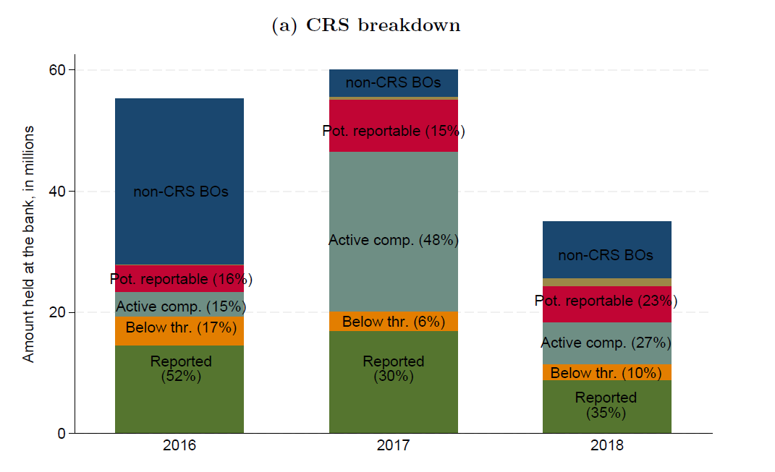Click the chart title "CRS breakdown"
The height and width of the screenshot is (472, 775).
pyautogui.click(x=383, y=25)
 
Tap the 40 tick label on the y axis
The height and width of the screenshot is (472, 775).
pyautogui.click(x=57, y=192)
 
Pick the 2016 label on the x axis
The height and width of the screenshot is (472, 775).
pyautogui.click(x=179, y=445)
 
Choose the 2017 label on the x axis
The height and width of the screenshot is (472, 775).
pyautogui.click(x=394, y=445)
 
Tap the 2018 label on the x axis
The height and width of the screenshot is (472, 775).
pyautogui.click(x=607, y=445)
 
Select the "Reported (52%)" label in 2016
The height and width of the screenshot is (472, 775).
pyautogui.click(x=181, y=369)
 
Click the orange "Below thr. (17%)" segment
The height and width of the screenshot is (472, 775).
pyautogui.click(x=179, y=331)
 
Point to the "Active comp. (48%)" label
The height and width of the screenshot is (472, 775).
pyautogui.click(x=394, y=240)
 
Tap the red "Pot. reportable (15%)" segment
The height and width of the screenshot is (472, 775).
pyautogui.click(x=394, y=126)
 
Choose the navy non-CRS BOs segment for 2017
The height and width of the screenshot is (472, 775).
pyautogui.click(x=394, y=83)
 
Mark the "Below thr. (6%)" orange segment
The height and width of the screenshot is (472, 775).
pyautogui.click(x=394, y=322)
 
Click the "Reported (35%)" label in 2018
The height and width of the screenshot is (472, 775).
pyautogui.click(x=606, y=405)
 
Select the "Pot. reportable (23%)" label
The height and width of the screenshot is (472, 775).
pyautogui.click(x=606, y=301)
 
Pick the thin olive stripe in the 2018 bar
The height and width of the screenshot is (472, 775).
pyautogui.click(x=607, y=283)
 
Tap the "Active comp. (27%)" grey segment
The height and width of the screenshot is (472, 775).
pyautogui.click(x=607, y=343)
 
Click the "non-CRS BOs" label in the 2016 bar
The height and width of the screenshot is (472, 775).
pyautogui.click(x=181, y=192)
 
